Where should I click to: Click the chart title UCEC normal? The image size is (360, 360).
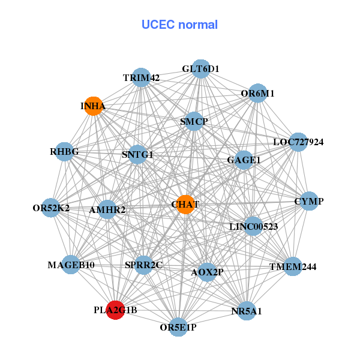[x=179, y=25]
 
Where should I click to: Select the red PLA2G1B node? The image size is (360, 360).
[x=115, y=310]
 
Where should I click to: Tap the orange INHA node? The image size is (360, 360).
[x=93, y=106]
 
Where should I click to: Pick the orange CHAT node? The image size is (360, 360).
[x=185, y=204]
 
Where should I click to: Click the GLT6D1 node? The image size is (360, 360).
[x=201, y=68]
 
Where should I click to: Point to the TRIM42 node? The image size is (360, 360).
[x=141, y=77]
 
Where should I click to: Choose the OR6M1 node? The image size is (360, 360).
[x=257, y=93]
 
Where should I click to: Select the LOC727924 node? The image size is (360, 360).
[x=298, y=142]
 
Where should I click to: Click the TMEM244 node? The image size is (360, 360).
[x=292, y=266]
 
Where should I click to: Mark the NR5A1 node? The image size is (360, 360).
[x=247, y=311]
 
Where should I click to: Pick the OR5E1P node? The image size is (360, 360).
[x=178, y=327]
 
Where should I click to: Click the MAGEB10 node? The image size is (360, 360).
[x=71, y=265]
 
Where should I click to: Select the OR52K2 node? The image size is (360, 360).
[x=52, y=208]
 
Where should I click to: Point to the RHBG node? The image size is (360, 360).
[x=64, y=152]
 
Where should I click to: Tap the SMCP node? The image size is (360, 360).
[x=194, y=121]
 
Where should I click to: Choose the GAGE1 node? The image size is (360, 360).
[x=244, y=160]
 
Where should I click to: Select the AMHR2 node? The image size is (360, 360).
[x=107, y=209]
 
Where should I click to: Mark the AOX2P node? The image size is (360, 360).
[x=206, y=272]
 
